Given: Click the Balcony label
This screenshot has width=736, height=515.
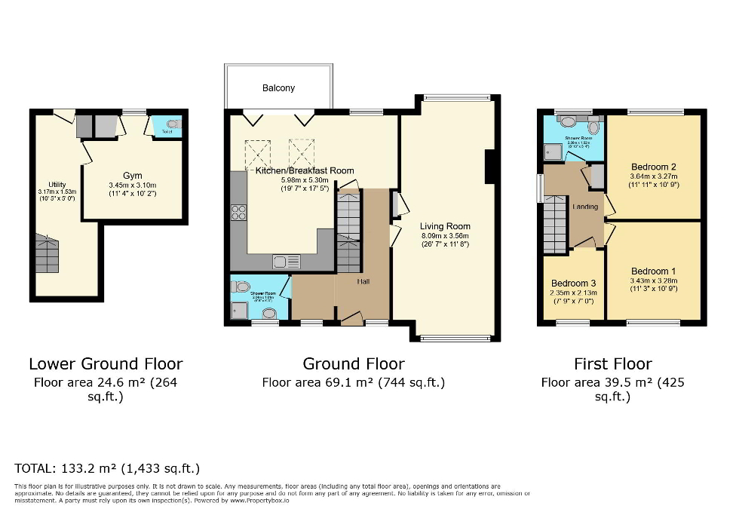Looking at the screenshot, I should point(278,88).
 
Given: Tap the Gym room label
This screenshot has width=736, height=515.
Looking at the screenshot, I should point(133,176).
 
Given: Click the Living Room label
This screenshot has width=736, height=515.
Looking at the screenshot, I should point(446,226).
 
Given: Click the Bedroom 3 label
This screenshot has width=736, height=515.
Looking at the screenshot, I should point(573,284).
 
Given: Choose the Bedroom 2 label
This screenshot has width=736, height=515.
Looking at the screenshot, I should point(653,167).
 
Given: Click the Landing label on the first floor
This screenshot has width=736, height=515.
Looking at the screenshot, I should point(585,207).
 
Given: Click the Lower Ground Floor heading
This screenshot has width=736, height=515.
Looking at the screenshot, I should point(106,364).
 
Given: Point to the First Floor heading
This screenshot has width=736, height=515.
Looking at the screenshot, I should point(612,364).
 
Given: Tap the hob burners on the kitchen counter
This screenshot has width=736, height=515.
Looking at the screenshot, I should point(238,213).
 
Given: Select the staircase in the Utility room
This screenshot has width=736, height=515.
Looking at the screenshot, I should point(47,254).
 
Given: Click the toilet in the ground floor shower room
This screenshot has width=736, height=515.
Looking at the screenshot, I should point(241,287).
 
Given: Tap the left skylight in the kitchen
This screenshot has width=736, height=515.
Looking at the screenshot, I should point(260,153).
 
